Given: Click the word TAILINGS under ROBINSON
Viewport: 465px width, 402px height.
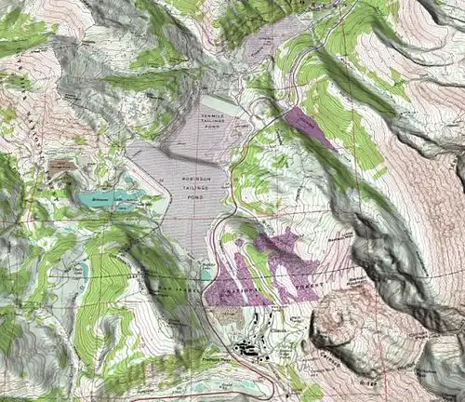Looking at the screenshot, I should (190, 190).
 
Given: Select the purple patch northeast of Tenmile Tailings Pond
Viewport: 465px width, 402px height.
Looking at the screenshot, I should (310, 127).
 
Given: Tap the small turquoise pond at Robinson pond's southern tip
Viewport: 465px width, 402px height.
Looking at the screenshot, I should (206, 272).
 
